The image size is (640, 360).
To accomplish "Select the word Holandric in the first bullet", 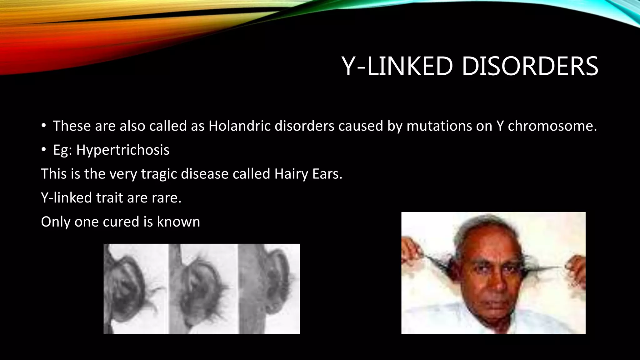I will click(239, 126).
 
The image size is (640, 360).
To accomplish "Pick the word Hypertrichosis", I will click(123, 150).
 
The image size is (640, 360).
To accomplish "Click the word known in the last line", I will click(178, 222).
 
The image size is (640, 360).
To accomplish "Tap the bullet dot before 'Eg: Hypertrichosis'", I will click(44, 150).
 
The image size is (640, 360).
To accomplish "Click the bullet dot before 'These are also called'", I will click(44, 126).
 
